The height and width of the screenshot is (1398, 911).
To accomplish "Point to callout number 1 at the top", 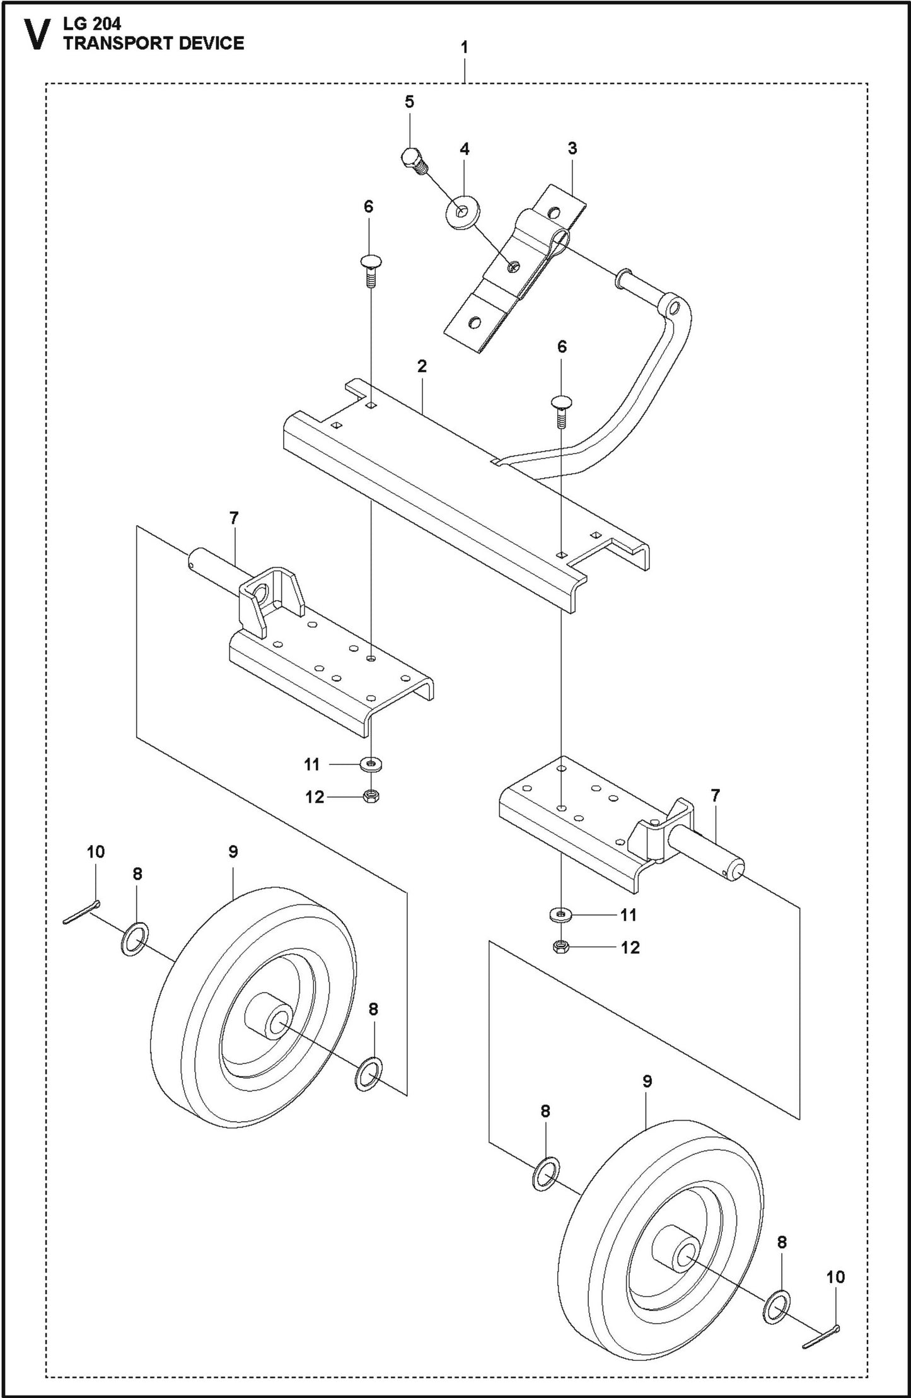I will click(464, 47).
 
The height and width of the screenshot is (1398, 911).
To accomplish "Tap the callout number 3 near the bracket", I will click(572, 149).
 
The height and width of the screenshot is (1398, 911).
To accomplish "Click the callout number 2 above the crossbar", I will click(422, 366).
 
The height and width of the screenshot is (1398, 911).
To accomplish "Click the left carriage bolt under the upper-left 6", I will click(371, 269).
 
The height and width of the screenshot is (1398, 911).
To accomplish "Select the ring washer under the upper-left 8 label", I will click(134, 938).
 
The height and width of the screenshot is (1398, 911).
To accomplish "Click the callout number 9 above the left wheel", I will click(233, 852).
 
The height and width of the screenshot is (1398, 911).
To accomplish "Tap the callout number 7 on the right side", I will click(715, 796).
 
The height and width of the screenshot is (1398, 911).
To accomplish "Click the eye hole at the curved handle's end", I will click(675, 308).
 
